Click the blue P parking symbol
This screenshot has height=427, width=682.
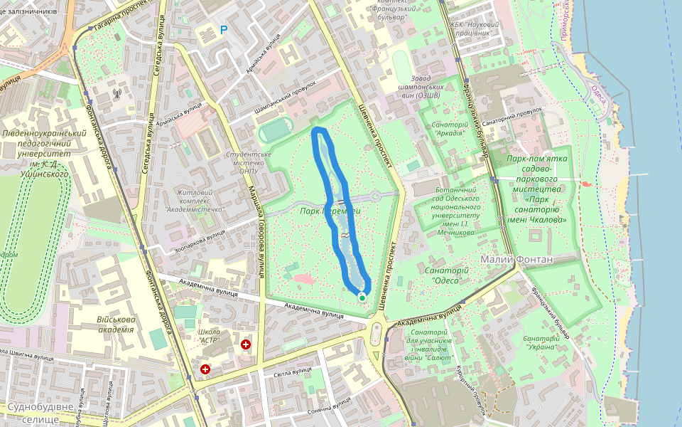pos(224,30)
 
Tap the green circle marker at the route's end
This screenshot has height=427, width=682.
pos(362,297)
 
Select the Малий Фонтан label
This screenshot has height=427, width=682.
pos(516,259)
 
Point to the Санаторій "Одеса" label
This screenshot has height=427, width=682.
pos(445,275)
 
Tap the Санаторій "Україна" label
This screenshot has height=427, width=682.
pos(541,342)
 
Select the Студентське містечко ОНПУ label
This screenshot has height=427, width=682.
pos(248,162)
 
